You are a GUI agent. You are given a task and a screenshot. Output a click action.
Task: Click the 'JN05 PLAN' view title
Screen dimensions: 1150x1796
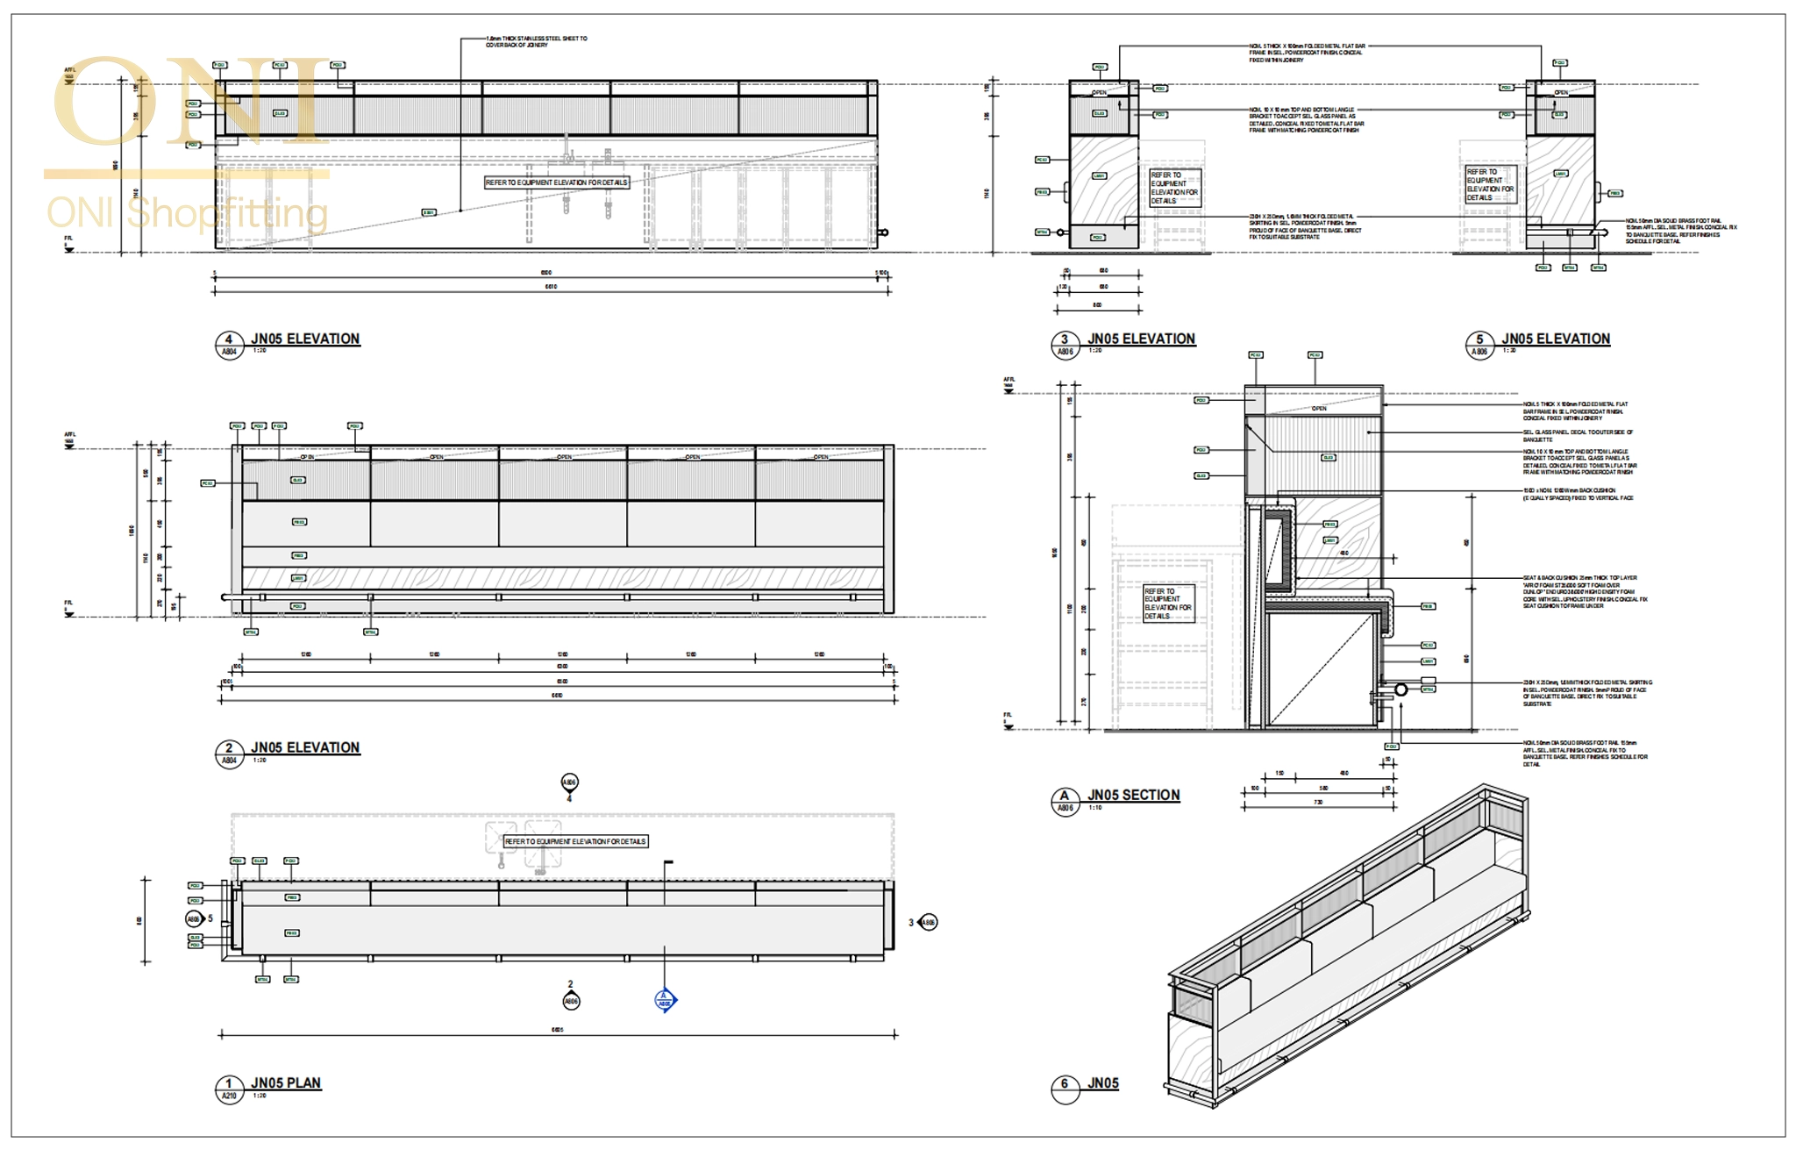pyautogui.click(x=286, y=1082)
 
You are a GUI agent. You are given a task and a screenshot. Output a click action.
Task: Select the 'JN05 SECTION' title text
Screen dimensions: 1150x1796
pyautogui.click(x=1133, y=795)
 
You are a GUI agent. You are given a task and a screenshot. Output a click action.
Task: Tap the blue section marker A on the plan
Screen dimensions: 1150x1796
pyautogui.click(x=665, y=1000)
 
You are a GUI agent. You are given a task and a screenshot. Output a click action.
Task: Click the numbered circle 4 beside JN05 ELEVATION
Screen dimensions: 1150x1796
pyautogui.click(x=229, y=339)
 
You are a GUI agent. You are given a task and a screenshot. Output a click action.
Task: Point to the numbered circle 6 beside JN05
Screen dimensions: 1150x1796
pyautogui.click(x=1064, y=1083)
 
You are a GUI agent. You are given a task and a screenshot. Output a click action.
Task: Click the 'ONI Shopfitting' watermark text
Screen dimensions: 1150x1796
pyautogui.click(x=187, y=213)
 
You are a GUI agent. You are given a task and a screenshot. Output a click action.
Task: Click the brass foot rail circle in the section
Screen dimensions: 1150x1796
pyautogui.click(x=1400, y=689)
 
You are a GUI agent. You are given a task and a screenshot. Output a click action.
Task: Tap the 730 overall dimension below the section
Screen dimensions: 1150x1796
pyautogui.click(x=1317, y=802)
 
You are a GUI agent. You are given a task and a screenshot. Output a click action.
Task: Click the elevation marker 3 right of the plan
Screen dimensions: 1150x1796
pyautogui.click(x=927, y=922)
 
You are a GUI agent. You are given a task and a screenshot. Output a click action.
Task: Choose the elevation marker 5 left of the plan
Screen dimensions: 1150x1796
pyautogui.click(x=195, y=919)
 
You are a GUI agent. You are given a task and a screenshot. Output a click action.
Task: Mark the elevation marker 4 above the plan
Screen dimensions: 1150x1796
pyautogui.click(x=569, y=782)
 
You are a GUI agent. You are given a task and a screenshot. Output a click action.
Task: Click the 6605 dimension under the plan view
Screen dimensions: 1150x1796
pyautogui.click(x=557, y=1030)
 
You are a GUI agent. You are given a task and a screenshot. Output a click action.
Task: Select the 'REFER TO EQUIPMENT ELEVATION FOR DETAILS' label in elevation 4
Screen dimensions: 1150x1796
pyautogui.click(x=557, y=182)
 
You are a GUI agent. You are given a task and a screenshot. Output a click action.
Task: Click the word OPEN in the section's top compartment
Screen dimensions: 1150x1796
pyautogui.click(x=1319, y=409)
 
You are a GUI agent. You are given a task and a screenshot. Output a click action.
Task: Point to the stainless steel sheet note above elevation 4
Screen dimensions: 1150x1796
pyautogui.click(x=536, y=42)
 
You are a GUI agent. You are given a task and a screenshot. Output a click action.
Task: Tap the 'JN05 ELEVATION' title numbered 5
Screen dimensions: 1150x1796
pyautogui.click(x=1555, y=339)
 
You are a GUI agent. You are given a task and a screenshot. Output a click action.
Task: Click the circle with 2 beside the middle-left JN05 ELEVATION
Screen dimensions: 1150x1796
pyautogui.click(x=229, y=748)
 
